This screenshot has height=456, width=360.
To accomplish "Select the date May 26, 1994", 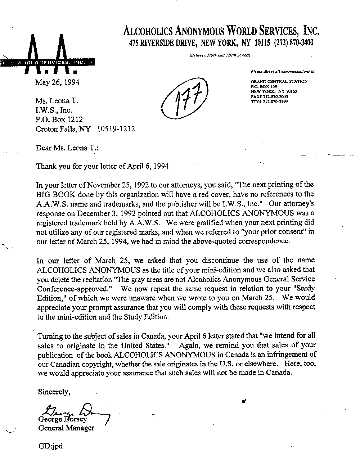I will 57,82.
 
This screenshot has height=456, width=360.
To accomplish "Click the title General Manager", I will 66,428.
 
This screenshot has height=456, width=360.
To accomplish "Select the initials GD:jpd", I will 50,446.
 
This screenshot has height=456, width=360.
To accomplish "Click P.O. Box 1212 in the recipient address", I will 59,119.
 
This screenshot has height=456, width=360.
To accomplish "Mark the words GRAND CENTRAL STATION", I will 279,82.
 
